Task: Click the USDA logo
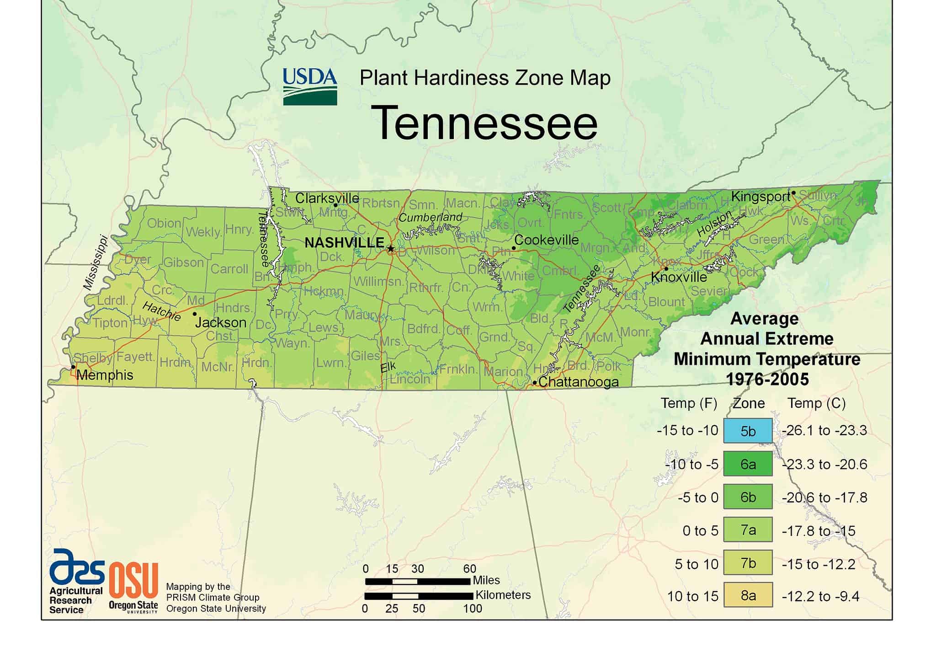pyautogui.click(x=310, y=86)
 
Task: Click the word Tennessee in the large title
pyautogui.click(x=486, y=123)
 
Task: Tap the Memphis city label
pyautogui.click(x=105, y=375)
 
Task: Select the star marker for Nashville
pyautogui.click(x=391, y=249)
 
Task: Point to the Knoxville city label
pyautogui.click(x=679, y=277)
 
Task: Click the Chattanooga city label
pyautogui.click(x=579, y=382)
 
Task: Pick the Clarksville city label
pyautogui.click(x=327, y=198)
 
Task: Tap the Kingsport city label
pyautogui.click(x=760, y=197)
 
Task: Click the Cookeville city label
pyautogui.click(x=546, y=240)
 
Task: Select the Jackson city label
pyautogui.click(x=221, y=322)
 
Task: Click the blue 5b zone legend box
pyautogui.click(x=748, y=431)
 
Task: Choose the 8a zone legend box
pyautogui.click(x=748, y=595)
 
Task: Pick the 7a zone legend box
pyautogui.click(x=748, y=530)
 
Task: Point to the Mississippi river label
pyautogui.click(x=95, y=262)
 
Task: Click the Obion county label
pyautogui.click(x=164, y=223)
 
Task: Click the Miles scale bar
pyautogui.click(x=417, y=581)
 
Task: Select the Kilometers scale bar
pyautogui.click(x=418, y=596)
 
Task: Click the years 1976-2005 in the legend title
pyautogui.click(x=767, y=379)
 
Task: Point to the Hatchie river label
pyautogui.click(x=161, y=311)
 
